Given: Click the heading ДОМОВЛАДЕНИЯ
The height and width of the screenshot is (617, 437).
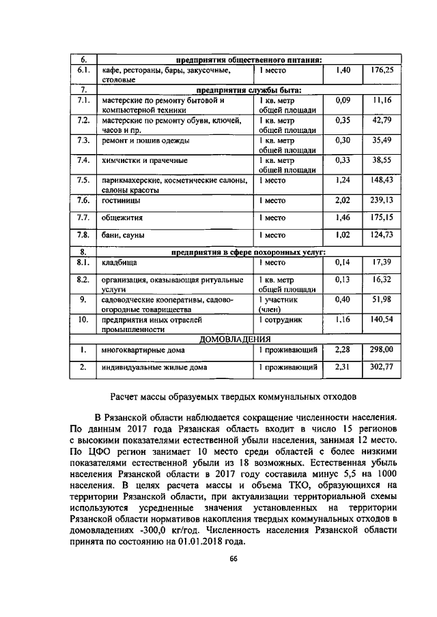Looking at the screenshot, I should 235,339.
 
